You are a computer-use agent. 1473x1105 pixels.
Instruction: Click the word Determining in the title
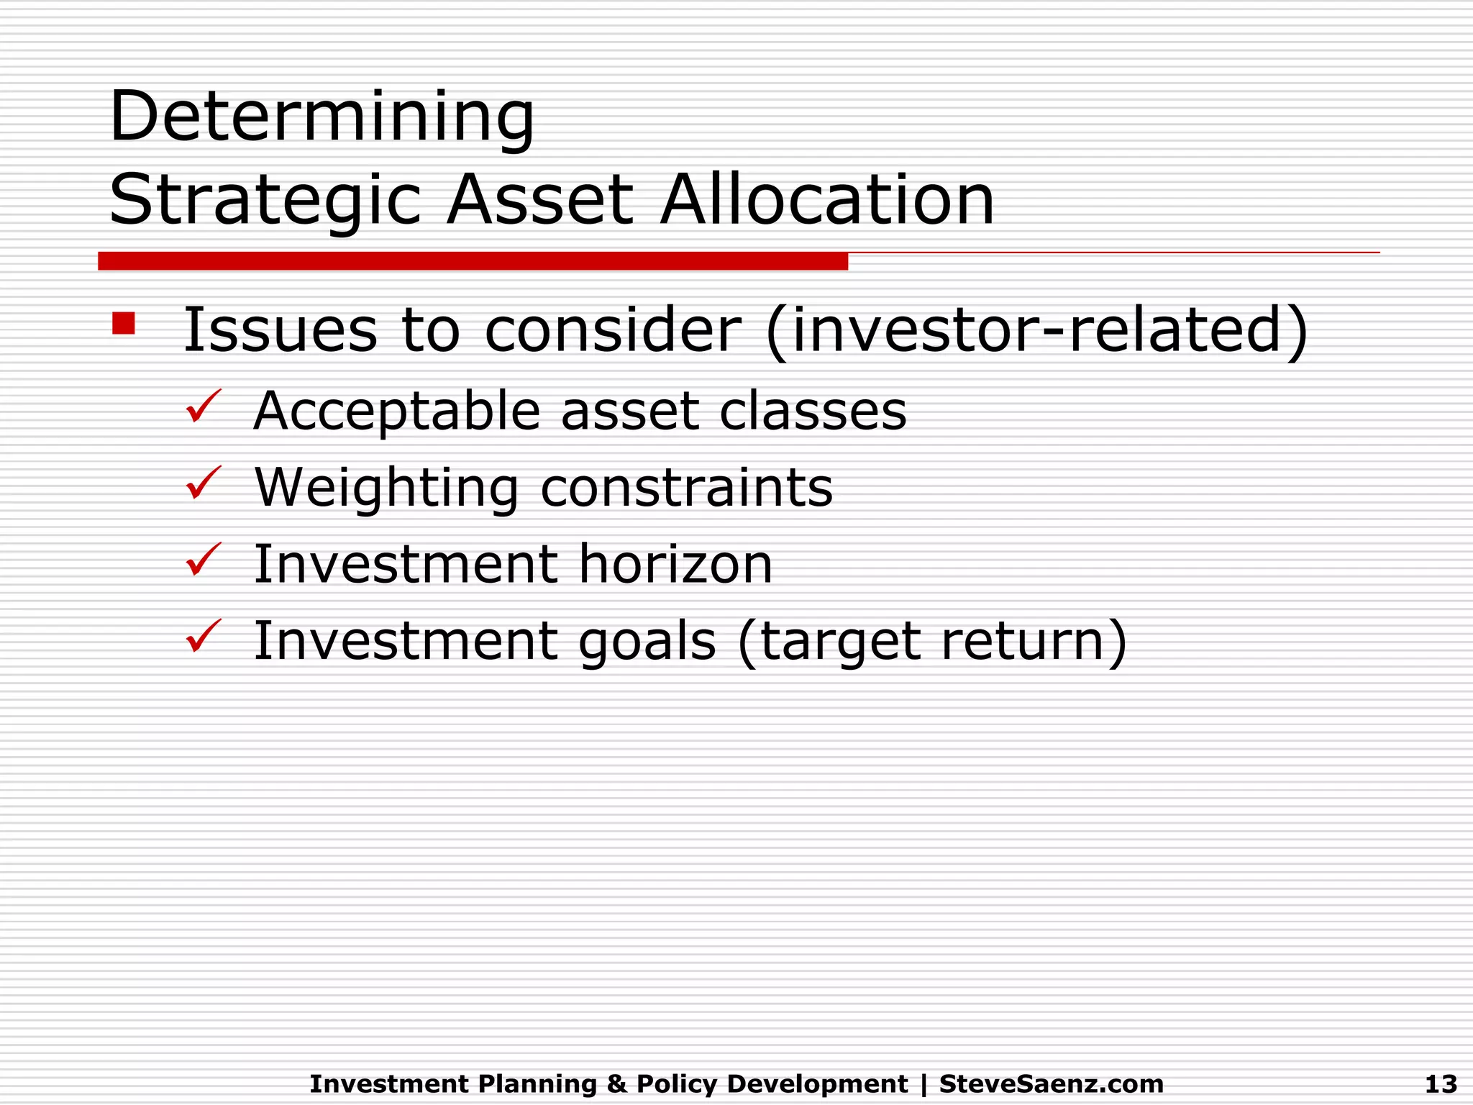pos(321,117)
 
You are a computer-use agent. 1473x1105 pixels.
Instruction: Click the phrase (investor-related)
pos(1036,330)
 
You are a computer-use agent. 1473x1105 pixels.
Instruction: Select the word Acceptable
pos(396,412)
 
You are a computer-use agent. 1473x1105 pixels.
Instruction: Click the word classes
pos(813,412)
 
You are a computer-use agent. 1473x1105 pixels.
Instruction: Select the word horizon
pos(675,565)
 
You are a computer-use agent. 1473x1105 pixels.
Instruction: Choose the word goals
pos(647,642)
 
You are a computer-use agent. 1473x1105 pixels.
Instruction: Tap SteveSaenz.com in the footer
pos(1051,1083)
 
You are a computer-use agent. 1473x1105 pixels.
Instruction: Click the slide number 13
pos(1441,1083)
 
